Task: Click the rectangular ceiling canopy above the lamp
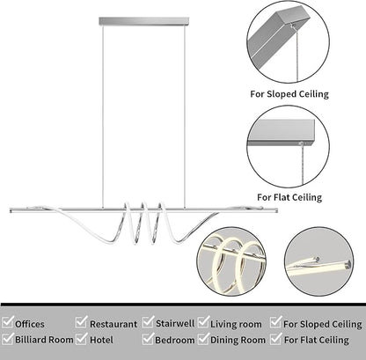(x=143, y=21)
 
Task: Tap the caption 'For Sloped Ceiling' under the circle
(x=289, y=94)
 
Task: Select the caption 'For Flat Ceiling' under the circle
(x=289, y=197)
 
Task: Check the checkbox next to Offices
(x=8, y=322)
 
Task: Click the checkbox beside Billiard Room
(x=8, y=338)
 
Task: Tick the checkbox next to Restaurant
(x=82, y=322)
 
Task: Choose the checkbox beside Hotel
(x=82, y=338)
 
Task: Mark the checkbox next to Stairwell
(x=149, y=322)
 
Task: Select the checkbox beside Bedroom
(x=149, y=338)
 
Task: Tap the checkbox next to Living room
(x=204, y=322)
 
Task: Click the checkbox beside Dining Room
(x=204, y=338)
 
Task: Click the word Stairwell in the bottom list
(x=175, y=323)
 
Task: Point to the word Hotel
(x=101, y=340)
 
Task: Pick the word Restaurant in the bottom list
(x=113, y=324)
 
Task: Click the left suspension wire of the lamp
(x=103, y=117)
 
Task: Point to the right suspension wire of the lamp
(x=185, y=117)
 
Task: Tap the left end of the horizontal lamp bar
(x=11, y=210)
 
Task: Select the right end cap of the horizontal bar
(x=276, y=210)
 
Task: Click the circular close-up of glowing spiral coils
(x=231, y=261)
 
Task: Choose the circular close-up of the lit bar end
(x=319, y=261)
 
